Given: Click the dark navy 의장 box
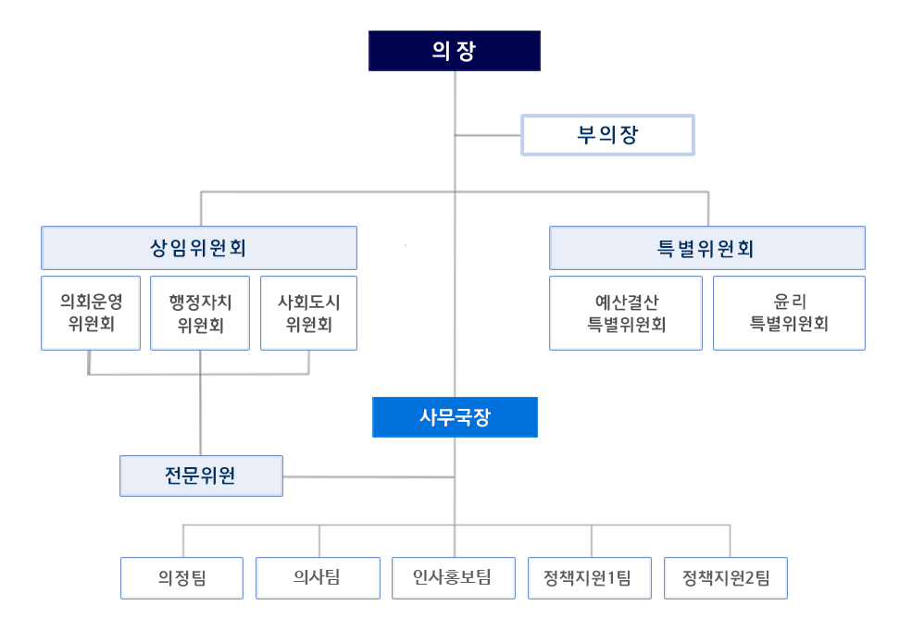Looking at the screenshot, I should click(x=454, y=51).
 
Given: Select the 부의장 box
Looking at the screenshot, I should click(x=607, y=135).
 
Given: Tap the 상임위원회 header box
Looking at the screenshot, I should click(x=199, y=248).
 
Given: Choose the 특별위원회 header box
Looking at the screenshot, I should click(x=706, y=248).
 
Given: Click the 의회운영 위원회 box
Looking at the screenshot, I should click(x=91, y=313).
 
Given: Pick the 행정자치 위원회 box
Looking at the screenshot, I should click(x=200, y=313).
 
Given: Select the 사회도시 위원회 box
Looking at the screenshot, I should click(x=308, y=313).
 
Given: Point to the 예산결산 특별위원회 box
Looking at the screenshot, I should click(x=625, y=313).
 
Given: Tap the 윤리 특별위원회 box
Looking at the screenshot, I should click(x=789, y=313).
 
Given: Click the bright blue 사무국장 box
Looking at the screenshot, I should click(x=455, y=417).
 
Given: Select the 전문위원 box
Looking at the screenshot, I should click(x=201, y=476).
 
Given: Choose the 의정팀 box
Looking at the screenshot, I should click(x=181, y=578).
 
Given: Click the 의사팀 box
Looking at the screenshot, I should click(x=318, y=578).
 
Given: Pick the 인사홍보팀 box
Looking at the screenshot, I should click(x=453, y=578).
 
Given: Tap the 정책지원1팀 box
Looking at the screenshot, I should click(x=590, y=578).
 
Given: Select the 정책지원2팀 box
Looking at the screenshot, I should click(x=726, y=578).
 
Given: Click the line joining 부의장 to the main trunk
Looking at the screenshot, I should click(x=488, y=135).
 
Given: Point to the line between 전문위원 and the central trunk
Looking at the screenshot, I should click(x=369, y=476).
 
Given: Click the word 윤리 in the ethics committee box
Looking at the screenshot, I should click(x=789, y=302).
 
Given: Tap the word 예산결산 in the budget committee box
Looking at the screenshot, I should click(x=626, y=302).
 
